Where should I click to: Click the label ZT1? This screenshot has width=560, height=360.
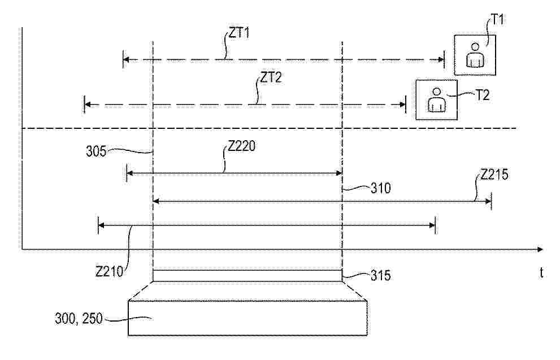(x=239, y=33)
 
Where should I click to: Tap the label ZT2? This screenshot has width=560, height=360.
(x=271, y=77)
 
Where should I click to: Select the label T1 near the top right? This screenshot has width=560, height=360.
(x=498, y=19)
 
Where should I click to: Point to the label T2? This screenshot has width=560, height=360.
(x=482, y=96)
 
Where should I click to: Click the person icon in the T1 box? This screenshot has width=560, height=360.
(x=475, y=55)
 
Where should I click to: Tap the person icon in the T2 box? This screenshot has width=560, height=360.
(x=436, y=99)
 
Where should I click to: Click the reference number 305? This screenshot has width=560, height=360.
(x=96, y=151)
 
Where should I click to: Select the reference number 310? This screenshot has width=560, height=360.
(x=381, y=188)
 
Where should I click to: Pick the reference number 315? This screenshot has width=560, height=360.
(x=381, y=275)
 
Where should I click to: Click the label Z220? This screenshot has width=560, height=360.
(x=241, y=146)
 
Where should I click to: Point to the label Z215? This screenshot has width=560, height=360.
(x=494, y=175)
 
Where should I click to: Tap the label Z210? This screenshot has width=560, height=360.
(x=109, y=271)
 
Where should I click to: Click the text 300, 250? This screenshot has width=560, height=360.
(x=79, y=318)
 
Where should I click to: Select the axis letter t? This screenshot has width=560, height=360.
(x=542, y=273)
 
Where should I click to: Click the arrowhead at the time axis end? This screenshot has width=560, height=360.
(x=540, y=249)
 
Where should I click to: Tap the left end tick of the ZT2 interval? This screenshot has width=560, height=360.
(x=84, y=105)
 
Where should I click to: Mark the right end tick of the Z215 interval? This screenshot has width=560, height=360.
(x=492, y=202)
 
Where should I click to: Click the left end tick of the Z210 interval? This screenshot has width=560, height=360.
(x=98, y=225)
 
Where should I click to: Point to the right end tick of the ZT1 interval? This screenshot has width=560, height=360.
(x=444, y=60)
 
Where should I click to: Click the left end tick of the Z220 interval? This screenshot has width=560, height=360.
(x=127, y=173)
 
